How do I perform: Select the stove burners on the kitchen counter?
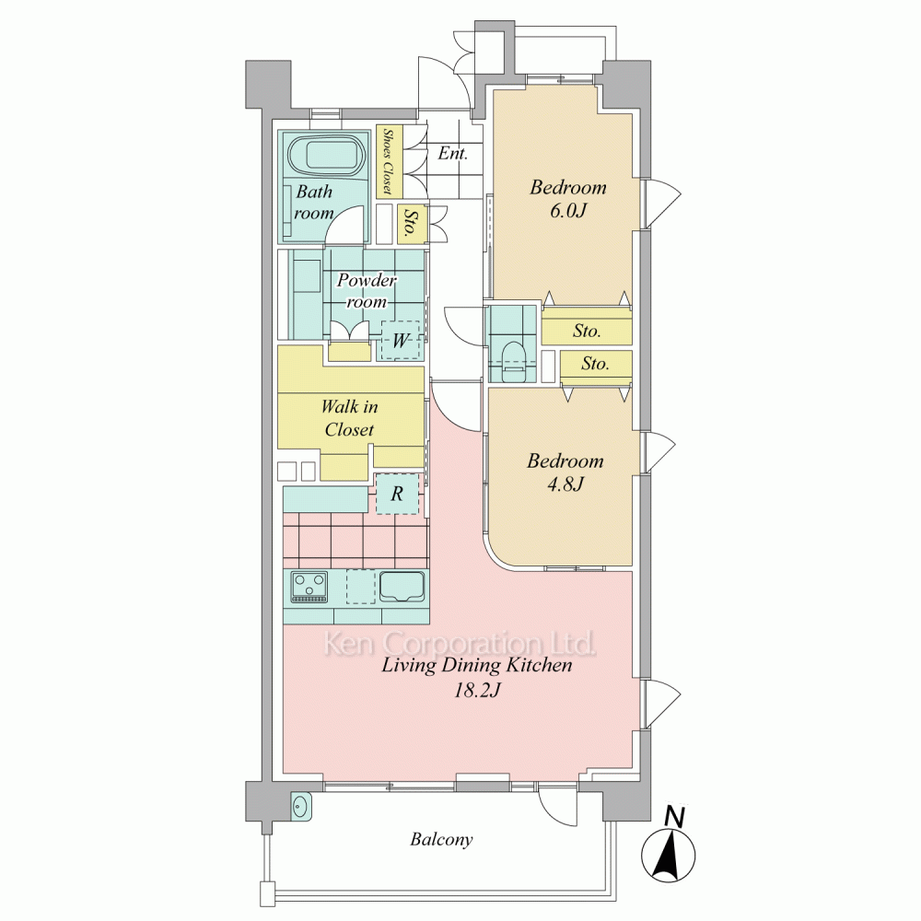pyautogui.click(x=309, y=587)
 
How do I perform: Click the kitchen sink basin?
pyautogui.click(x=402, y=586)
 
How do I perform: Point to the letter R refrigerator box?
pyautogui.click(x=398, y=494)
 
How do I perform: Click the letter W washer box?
pyautogui.click(x=401, y=340)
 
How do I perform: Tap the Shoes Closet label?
pyautogui.click(x=388, y=161)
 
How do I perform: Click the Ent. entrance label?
pyautogui.click(x=453, y=153)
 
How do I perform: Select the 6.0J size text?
pyautogui.click(x=568, y=210)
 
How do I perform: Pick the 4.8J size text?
pyautogui.click(x=565, y=484)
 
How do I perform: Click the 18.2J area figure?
pyautogui.click(x=477, y=690)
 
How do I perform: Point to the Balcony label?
pyautogui.click(x=441, y=839)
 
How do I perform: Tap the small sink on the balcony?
pyautogui.click(x=301, y=806)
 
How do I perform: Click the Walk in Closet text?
pyautogui.click(x=349, y=417)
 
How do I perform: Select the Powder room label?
pyautogui.click(x=367, y=291)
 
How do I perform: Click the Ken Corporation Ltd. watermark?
pyautogui.click(x=460, y=643)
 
